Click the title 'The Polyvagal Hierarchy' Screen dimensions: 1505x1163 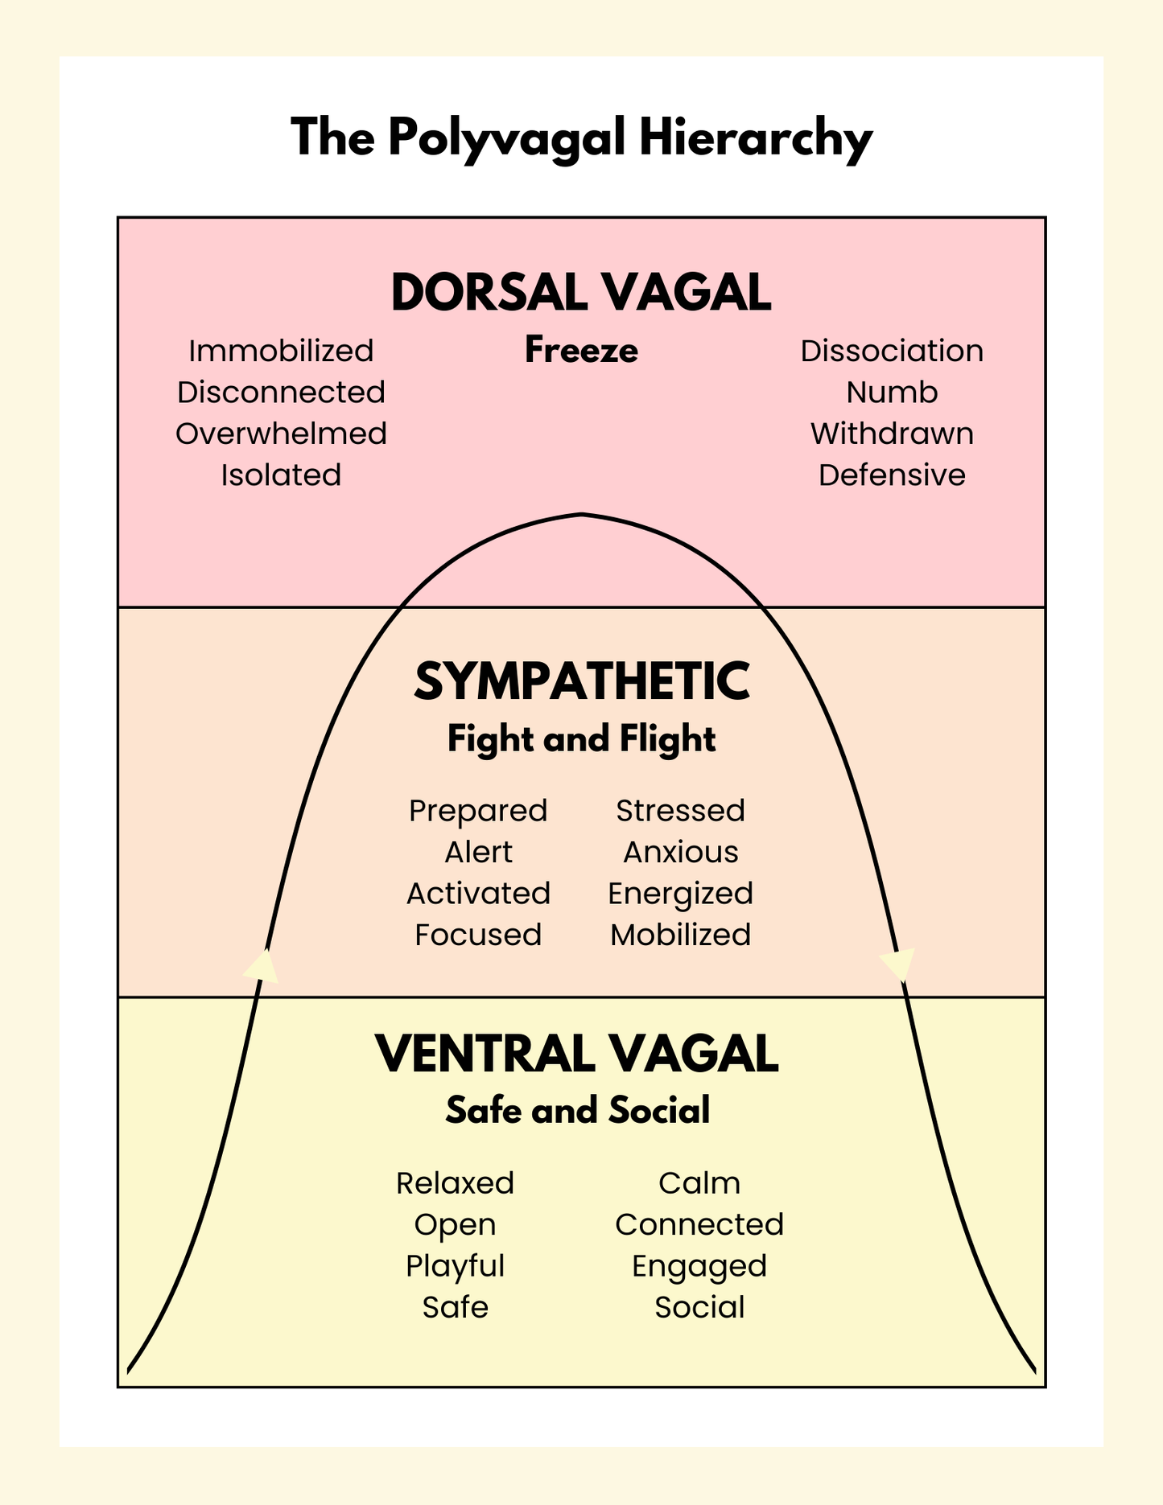tap(581, 138)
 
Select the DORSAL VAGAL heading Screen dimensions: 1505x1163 tap(581, 292)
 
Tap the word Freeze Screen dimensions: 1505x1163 tap(581, 351)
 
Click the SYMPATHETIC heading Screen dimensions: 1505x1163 tap(581, 681)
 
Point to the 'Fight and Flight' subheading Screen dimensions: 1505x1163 tap(581, 739)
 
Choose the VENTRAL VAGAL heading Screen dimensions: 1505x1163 tap(577, 1054)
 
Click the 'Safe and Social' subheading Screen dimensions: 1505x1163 tap(577, 1111)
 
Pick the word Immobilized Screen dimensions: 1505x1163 tap(281, 352)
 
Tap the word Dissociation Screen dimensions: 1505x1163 tap(892, 352)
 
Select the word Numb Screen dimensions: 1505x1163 tap(892, 393)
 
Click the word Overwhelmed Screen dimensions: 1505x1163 tap(281, 434)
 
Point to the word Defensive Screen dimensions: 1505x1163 tap(892, 475)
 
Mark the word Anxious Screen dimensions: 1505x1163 tap(681, 853)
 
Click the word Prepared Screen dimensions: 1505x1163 tap(478, 811)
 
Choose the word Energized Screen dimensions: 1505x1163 tap(681, 894)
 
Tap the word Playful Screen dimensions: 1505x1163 tap(455, 1266)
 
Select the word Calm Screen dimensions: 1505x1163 tap(699, 1183)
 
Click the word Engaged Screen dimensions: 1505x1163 tap(699, 1266)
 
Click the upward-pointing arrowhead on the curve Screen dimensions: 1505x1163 tap(262, 965)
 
